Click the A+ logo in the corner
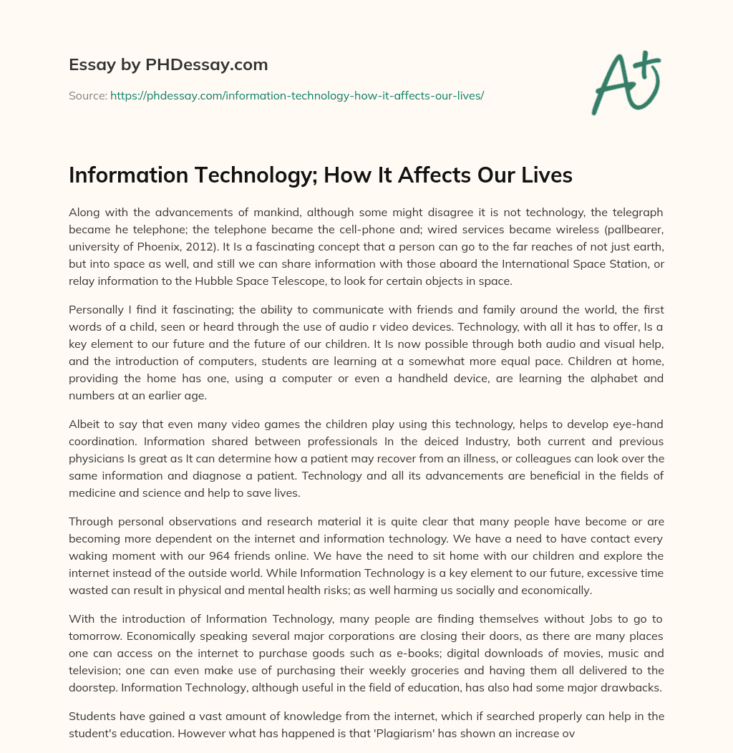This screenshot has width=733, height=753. pyautogui.click(x=626, y=83)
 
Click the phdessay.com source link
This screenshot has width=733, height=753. pyautogui.click(x=297, y=95)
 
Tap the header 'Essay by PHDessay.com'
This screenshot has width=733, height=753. pyautogui.click(x=168, y=65)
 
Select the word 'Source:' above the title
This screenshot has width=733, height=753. pyautogui.click(x=88, y=95)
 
